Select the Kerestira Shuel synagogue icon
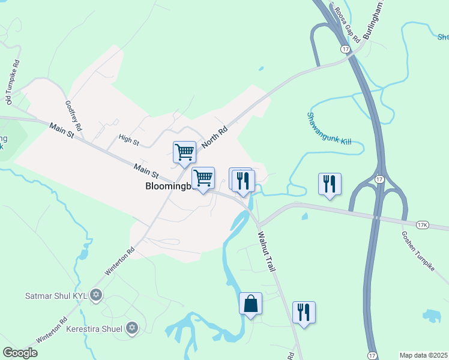click(x=132, y=328)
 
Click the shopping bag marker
click(x=250, y=304)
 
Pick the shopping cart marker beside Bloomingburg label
click(x=203, y=178)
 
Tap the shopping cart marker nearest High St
click(x=184, y=152)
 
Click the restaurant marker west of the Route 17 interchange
click(x=330, y=184)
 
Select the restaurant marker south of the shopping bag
click(x=304, y=313)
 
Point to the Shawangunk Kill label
click(x=328, y=128)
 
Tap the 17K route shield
click(x=422, y=225)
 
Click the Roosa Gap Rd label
click(x=347, y=25)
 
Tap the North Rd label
click(x=215, y=137)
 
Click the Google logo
click(x=20, y=353)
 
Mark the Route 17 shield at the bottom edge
click(x=373, y=355)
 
